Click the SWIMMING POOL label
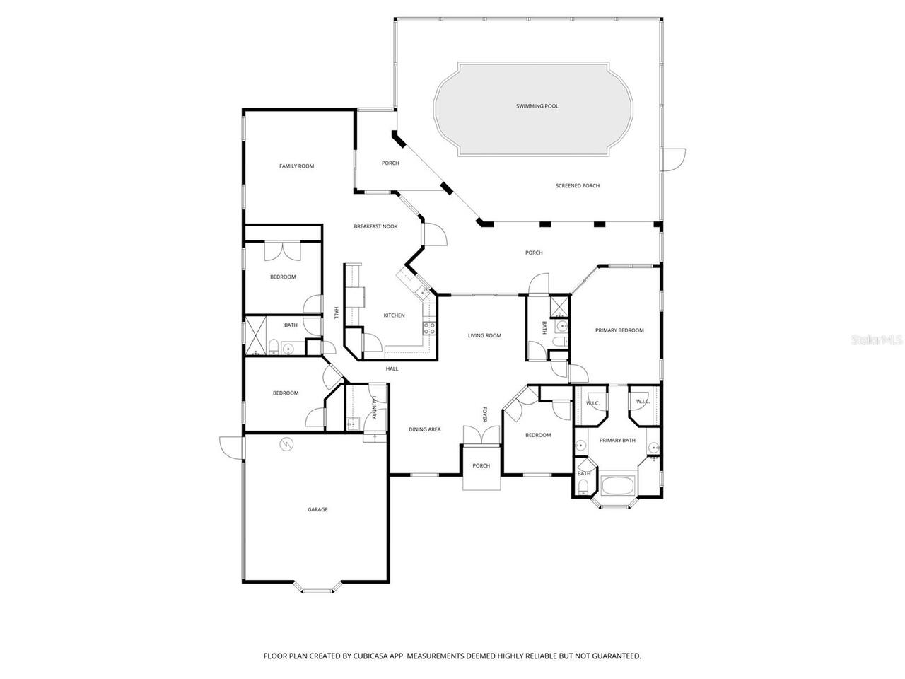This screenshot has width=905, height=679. [537, 106]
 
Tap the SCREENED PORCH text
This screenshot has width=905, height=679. [577, 186]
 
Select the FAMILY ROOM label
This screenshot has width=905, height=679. [296, 166]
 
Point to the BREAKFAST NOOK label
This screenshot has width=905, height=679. [375, 226]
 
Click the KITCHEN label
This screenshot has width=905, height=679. [394, 315]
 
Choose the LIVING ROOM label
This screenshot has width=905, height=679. [484, 335]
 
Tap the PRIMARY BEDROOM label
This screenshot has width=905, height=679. [619, 330]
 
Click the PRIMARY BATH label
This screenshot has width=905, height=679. [617, 441]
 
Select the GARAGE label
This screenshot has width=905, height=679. [317, 509]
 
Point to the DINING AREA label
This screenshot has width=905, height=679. [424, 429]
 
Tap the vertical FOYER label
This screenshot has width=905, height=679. [485, 414]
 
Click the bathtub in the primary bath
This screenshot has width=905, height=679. [618, 487]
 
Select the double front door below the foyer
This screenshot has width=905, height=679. [481, 436]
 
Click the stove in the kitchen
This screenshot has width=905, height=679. [428, 327]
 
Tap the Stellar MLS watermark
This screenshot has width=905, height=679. [876, 339]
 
